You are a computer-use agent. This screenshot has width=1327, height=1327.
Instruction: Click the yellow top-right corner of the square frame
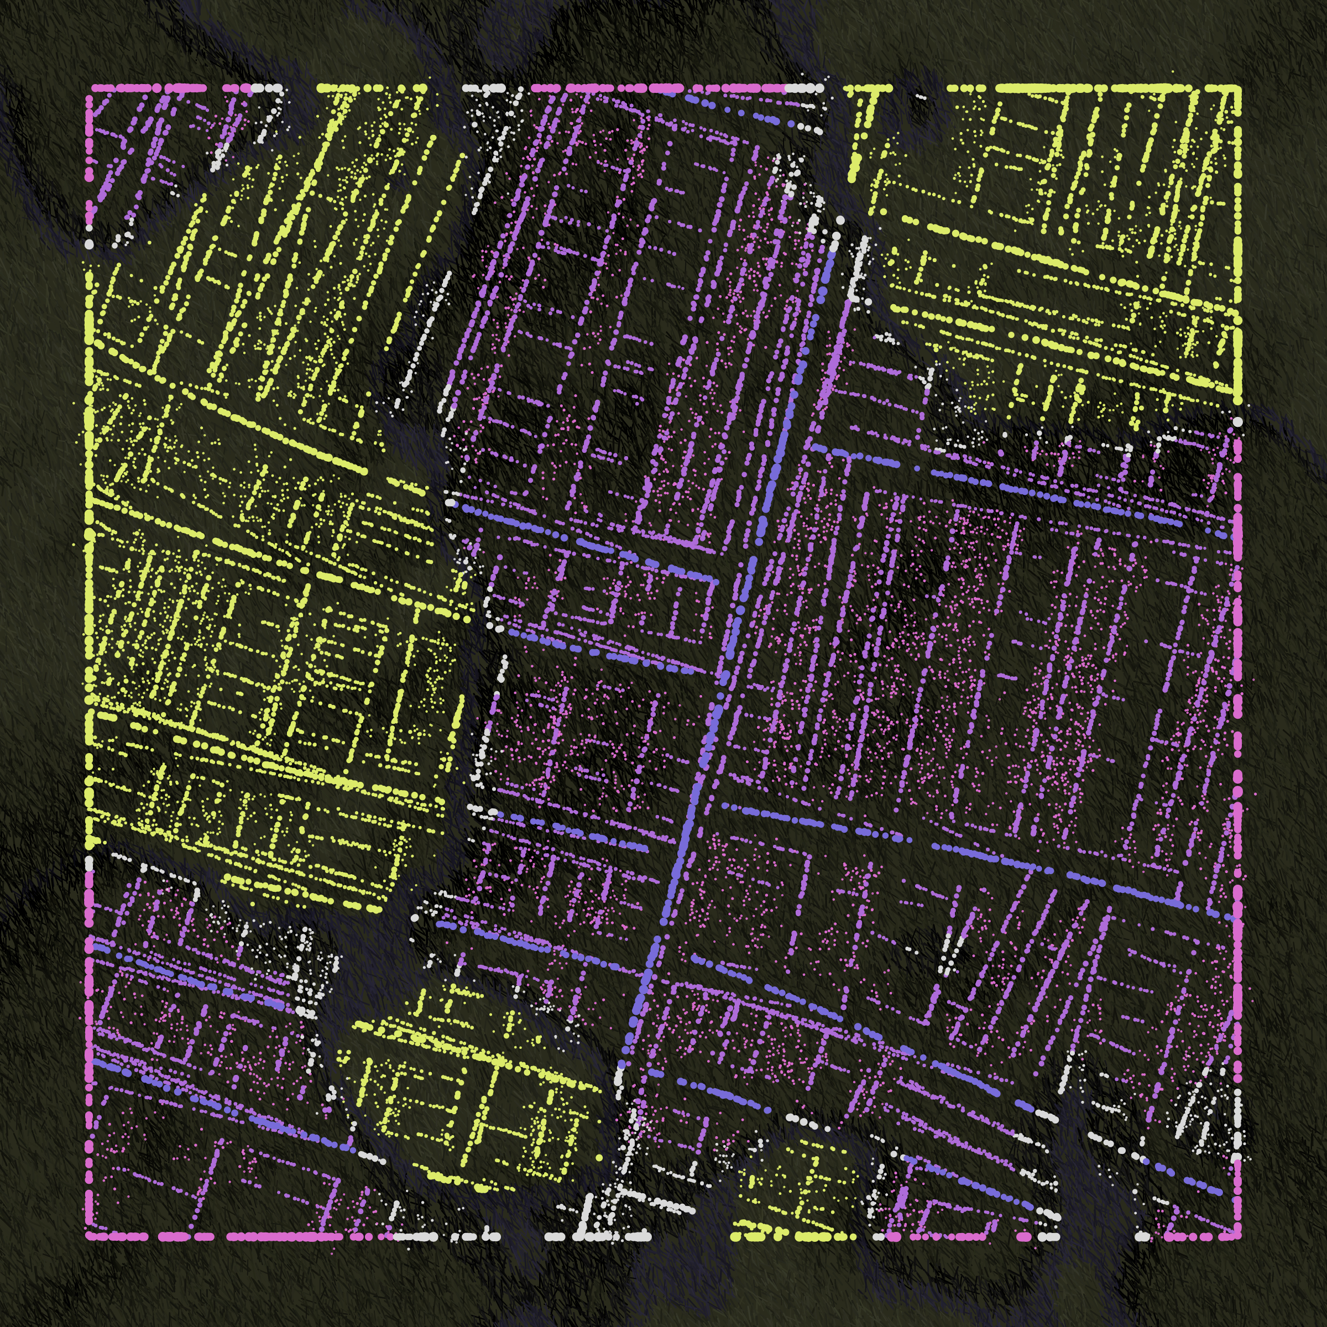[1238, 88]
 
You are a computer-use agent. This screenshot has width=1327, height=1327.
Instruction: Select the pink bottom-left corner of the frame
[89, 1236]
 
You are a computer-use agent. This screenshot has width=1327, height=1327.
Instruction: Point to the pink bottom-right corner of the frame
[1238, 1236]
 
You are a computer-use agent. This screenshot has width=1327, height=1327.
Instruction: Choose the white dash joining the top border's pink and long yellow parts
[803, 88]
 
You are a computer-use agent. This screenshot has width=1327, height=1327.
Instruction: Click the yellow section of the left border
[89, 550]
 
